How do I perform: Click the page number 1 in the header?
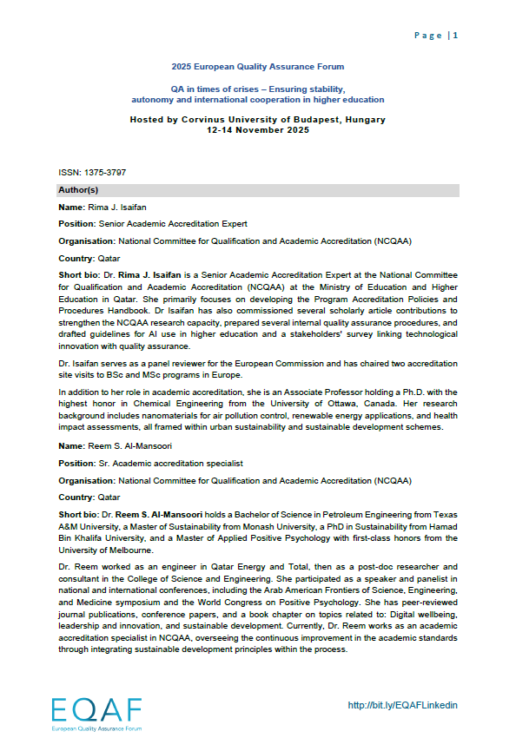pyautogui.click(x=455, y=36)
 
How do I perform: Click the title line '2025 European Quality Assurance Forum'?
pyautogui.click(x=257, y=67)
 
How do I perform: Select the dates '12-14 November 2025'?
pyautogui.click(x=257, y=130)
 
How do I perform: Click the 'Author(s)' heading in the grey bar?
pyautogui.click(x=78, y=189)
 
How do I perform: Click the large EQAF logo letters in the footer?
pyautogui.click(x=96, y=710)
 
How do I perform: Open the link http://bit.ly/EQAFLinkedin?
pyautogui.click(x=402, y=705)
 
